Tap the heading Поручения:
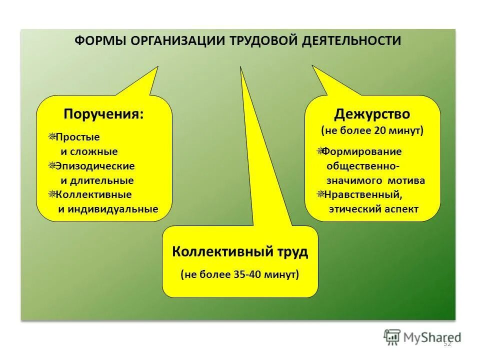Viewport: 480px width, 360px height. [103, 114]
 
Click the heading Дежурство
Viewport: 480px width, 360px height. [372, 114]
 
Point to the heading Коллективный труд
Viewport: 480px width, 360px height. [240, 251]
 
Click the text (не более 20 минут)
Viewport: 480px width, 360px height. [372, 131]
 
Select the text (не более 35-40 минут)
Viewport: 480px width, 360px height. [240, 274]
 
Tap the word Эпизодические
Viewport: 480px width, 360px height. [95, 165]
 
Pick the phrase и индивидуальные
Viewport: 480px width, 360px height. [108, 209]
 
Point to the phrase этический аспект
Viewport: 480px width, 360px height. [373, 209]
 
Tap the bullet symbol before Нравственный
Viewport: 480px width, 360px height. [320, 194]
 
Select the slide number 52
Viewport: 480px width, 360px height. [447, 343]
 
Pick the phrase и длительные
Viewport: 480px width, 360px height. [96, 180]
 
